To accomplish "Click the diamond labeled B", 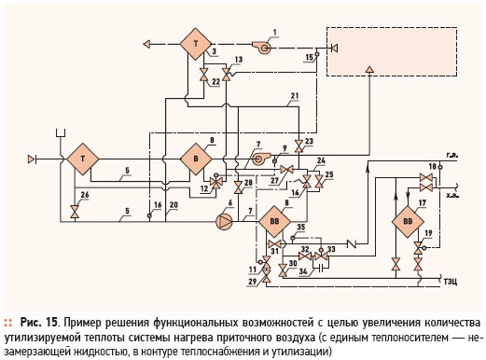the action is (x=196, y=159).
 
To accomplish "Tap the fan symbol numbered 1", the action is (x=261, y=48).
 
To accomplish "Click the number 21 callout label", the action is (x=294, y=96).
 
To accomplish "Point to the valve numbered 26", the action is (x=75, y=212).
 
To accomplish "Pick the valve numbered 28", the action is (x=238, y=187).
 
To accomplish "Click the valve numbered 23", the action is (x=299, y=146).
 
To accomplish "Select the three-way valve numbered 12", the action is (x=215, y=182).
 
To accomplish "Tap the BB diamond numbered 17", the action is (x=408, y=222).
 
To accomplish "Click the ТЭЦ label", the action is (x=451, y=282).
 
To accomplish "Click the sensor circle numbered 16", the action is (x=149, y=215).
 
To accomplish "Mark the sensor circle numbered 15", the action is (x=317, y=54).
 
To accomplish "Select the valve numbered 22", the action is (x=203, y=75).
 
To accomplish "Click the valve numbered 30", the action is (x=283, y=270).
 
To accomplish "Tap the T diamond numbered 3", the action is (x=196, y=44).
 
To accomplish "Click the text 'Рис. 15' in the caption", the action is (x=39, y=323).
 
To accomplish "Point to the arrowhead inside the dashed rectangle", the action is (x=369, y=70).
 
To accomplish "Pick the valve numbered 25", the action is (x=319, y=182).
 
